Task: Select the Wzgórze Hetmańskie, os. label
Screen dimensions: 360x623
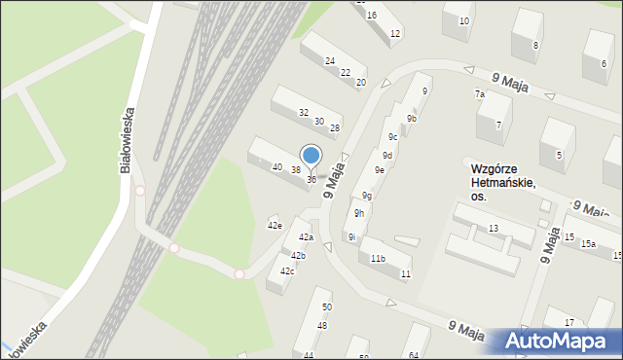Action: [498, 182]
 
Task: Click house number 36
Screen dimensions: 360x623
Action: [311, 180]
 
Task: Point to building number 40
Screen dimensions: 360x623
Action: [277, 167]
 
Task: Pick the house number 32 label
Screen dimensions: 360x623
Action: [304, 113]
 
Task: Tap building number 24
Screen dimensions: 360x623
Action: [330, 60]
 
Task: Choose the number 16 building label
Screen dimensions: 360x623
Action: [372, 15]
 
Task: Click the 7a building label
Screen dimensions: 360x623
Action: [480, 94]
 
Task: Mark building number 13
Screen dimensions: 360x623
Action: [494, 228]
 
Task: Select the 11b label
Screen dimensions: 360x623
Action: [378, 258]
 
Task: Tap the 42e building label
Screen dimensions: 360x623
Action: [275, 226]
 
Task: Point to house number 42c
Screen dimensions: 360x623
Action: [287, 270]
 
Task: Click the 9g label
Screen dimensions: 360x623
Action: [367, 196]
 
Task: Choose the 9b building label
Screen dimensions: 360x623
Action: [412, 119]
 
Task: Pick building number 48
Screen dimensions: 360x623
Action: [321, 325]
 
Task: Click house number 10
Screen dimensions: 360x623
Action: [463, 20]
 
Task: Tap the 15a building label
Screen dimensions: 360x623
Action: [588, 243]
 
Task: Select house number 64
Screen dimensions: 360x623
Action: [413, 355]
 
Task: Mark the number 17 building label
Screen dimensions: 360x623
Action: [569, 322]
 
